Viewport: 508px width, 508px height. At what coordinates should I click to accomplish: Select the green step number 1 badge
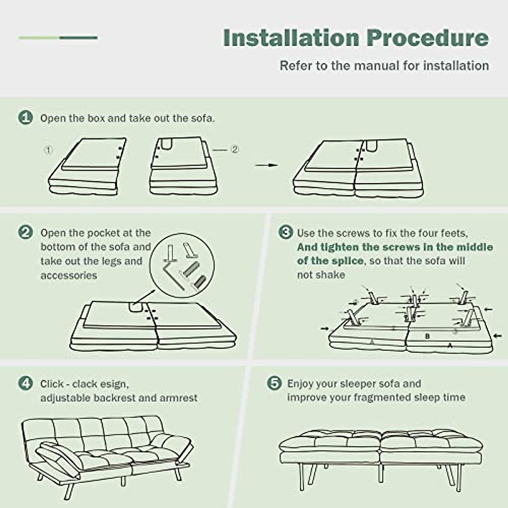25,118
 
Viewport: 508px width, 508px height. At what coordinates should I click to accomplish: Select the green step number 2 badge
25,232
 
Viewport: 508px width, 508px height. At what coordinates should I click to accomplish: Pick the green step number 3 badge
286,232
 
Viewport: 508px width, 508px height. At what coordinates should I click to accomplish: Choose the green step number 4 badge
25,383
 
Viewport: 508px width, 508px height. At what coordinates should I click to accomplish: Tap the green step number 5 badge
274,383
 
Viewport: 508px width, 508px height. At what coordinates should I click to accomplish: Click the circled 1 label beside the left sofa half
48,150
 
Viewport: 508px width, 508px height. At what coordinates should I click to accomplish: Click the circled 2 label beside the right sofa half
235,149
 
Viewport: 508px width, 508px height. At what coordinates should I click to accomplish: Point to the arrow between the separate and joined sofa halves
267,165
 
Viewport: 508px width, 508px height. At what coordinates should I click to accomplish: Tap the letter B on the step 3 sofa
428,336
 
